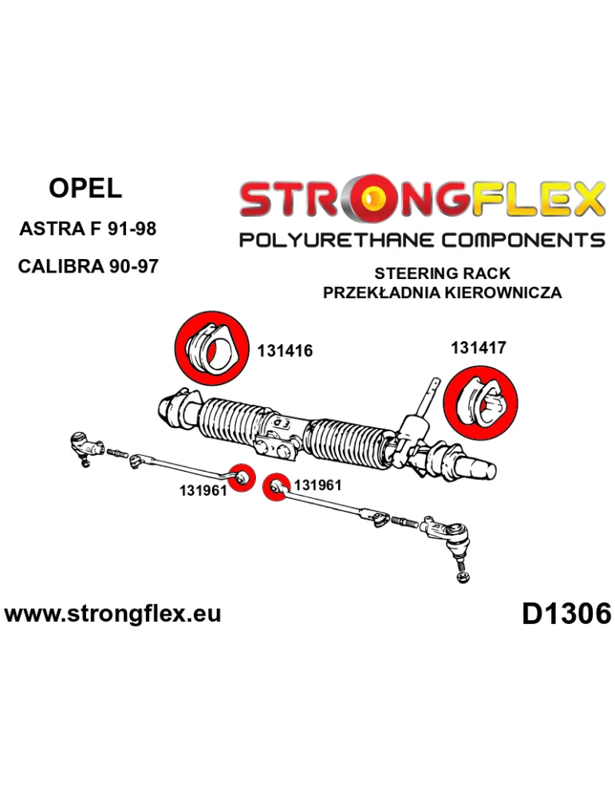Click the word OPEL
coord(85,189)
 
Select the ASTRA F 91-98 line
coord(88,229)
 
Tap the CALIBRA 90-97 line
coord(88,266)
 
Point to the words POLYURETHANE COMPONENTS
coord(422,239)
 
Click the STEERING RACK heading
coord(442,273)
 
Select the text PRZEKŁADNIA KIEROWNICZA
coord(442,292)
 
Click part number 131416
coord(285,351)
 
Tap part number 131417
coord(478,347)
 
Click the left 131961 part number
coord(203,491)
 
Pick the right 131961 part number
coord(317,485)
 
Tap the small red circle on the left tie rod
coord(242,477)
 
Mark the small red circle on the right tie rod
coord(276,487)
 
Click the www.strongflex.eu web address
coord(112,614)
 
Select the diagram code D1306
coord(566,614)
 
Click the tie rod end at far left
coord(85,448)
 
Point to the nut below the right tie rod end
coord(463,577)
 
